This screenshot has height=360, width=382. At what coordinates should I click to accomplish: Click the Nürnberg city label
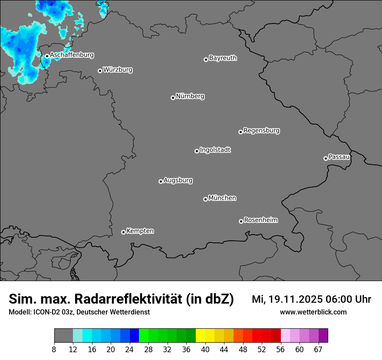tap(190, 96)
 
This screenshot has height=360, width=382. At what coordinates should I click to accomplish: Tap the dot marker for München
tap(205, 199)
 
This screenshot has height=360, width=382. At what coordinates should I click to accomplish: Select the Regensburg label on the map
tap(261, 131)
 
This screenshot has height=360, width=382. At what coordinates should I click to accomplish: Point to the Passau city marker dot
tap(326, 158)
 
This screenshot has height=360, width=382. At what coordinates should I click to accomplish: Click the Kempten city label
tap(140, 231)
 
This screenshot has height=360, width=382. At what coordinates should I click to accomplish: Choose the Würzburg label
tap(118, 70)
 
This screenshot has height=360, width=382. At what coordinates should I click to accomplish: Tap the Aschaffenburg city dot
tap(47, 56)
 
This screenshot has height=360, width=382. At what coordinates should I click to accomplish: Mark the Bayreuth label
tap(223, 58)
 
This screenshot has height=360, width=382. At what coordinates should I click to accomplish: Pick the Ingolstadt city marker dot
tap(197, 151)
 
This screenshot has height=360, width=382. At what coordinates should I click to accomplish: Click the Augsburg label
tap(178, 180)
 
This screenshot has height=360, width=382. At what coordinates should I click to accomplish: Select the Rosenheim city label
tap(260, 220)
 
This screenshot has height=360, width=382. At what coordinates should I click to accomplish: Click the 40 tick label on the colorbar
tap(205, 349)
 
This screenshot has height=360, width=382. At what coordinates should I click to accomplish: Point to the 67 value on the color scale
tap(318, 349)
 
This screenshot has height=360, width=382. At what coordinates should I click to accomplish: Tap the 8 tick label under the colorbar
tap(54, 349)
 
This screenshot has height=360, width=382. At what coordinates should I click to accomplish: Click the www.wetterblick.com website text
tap(313, 312)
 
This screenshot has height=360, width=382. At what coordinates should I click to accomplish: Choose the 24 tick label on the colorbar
tap(130, 349)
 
